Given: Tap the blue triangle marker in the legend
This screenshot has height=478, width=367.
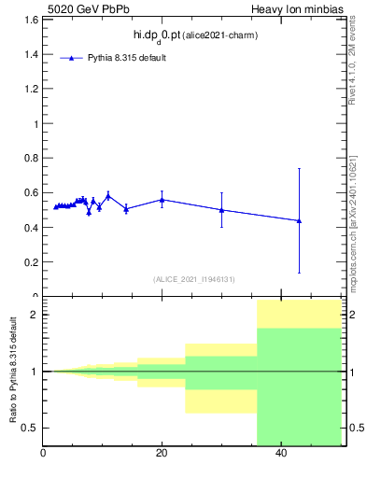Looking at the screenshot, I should pos(71,58).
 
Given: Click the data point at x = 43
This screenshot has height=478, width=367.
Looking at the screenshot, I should pos(299,220).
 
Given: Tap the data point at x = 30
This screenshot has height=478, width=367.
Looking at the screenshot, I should pos(221,210).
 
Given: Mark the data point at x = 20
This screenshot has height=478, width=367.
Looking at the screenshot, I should pos(162,200).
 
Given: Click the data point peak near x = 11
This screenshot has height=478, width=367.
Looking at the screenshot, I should pos(108,195).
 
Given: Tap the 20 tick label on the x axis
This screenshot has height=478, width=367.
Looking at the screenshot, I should pos(162,454).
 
